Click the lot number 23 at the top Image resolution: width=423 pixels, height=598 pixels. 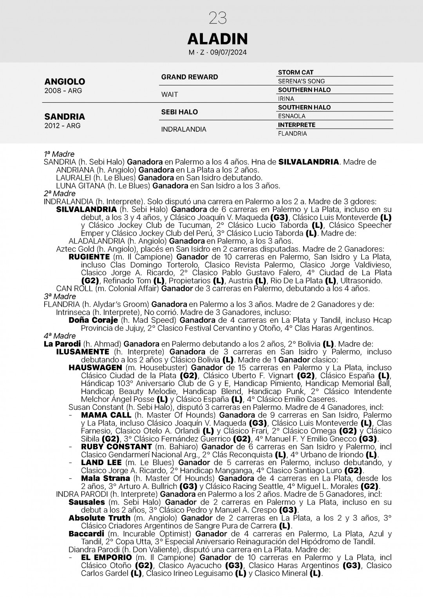(218, 18)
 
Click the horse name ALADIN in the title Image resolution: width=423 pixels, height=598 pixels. (217, 39)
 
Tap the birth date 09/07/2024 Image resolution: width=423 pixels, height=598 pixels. (231, 53)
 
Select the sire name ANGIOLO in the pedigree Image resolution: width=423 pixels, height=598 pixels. (65, 82)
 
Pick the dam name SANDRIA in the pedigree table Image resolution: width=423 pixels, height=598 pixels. (65, 116)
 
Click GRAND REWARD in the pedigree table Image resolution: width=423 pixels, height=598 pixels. (190, 77)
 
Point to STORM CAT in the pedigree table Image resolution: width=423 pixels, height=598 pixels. (296, 73)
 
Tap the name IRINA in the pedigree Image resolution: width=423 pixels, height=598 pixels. (286, 99)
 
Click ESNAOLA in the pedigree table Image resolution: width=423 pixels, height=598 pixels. (291, 116)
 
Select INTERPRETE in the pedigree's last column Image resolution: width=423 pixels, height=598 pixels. (296, 125)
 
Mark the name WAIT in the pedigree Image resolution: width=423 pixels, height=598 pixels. (170, 95)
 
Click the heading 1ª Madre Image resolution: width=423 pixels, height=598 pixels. (59, 154)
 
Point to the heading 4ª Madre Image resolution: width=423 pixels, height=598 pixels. (60, 336)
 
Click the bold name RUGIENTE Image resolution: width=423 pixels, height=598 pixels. (89, 257)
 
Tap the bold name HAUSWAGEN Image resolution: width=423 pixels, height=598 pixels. (95, 367)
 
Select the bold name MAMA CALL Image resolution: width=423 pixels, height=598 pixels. (106, 415)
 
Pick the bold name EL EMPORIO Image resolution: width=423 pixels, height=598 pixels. (106, 557)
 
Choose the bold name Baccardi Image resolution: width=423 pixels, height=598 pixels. (86, 534)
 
